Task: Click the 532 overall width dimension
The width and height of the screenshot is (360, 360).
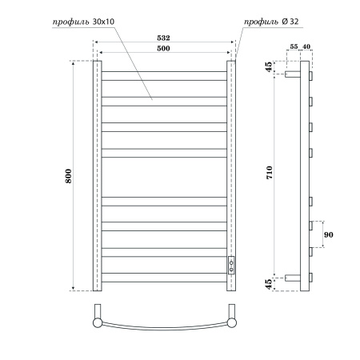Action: pyautogui.click(x=163, y=37)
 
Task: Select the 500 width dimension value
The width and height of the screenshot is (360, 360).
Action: pyautogui.click(x=163, y=48)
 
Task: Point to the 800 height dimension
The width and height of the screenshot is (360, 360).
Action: pyautogui.click(x=69, y=174)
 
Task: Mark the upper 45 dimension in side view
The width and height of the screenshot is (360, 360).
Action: pyautogui.click(x=269, y=68)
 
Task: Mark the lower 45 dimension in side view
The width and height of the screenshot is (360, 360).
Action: pyautogui.click(x=269, y=282)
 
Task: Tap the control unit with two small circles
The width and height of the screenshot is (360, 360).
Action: pyautogui.click(x=232, y=266)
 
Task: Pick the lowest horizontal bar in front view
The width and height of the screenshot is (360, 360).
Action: pyautogui.click(x=164, y=277)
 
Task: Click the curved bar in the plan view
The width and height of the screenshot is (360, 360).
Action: pyautogui.click(x=164, y=328)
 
